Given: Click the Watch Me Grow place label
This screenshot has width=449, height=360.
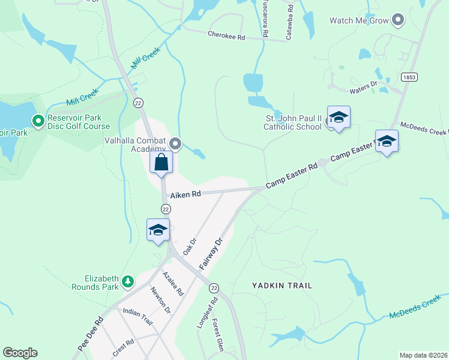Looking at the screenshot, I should pos(359,20).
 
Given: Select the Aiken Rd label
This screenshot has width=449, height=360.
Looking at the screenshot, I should pos(185,195).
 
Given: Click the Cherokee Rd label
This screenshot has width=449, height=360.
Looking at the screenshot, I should pos(226,37).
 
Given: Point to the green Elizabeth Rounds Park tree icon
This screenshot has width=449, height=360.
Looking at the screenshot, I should pos(127,280).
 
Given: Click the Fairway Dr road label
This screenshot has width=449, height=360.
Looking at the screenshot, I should pos(211,252).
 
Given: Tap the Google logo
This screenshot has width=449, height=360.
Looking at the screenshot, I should pos(20,353).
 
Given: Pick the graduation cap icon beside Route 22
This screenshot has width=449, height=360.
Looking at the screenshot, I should pos(158,230).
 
